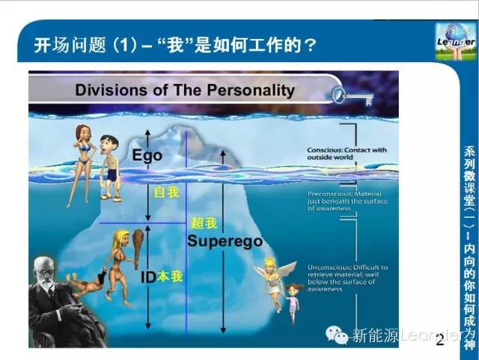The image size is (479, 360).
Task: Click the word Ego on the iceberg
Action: click(x=147, y=156)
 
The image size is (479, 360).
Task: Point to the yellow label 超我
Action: click(x=204, y=223)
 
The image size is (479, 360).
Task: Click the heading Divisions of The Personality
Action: click(x=185, y=91)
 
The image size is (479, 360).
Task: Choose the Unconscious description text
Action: click(x=347, y=277)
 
